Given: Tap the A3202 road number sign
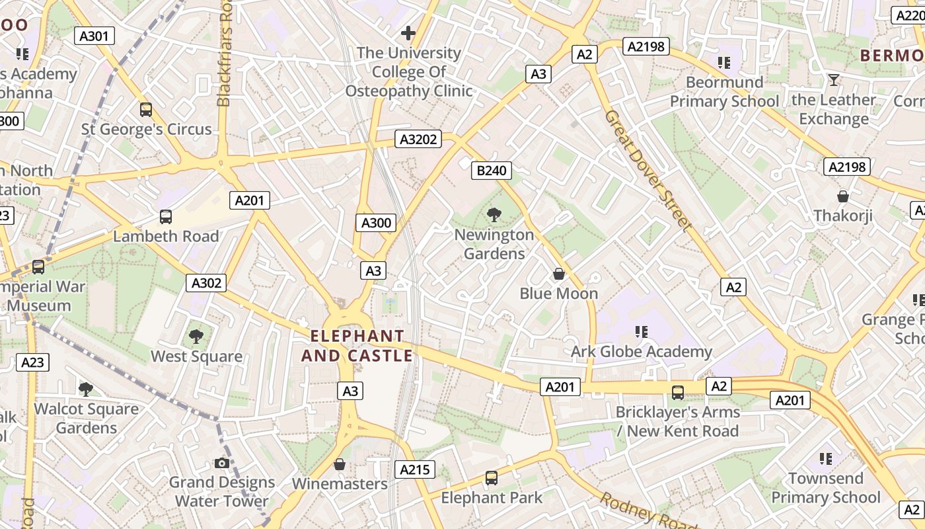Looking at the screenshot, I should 418,139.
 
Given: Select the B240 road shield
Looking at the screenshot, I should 492,171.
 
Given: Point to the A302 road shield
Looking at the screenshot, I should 206,283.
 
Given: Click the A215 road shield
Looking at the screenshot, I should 416,469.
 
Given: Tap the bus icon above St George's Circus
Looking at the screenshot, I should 146,110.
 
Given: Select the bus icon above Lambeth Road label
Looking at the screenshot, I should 166,217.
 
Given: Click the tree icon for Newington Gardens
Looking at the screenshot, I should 494,214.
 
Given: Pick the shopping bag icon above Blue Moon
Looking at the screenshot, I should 559,274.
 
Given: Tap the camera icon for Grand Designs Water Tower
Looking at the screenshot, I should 222,463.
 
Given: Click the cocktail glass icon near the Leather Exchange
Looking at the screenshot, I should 834,80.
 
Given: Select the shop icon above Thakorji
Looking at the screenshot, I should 843,196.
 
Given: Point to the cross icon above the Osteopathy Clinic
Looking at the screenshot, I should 408,32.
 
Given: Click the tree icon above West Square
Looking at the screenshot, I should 196,337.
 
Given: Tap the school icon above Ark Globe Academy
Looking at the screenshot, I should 641,331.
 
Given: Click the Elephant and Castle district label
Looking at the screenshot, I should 357,346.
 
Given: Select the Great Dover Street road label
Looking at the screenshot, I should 647,170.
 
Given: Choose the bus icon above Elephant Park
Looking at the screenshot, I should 492,477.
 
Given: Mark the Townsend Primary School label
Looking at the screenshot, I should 826,487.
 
